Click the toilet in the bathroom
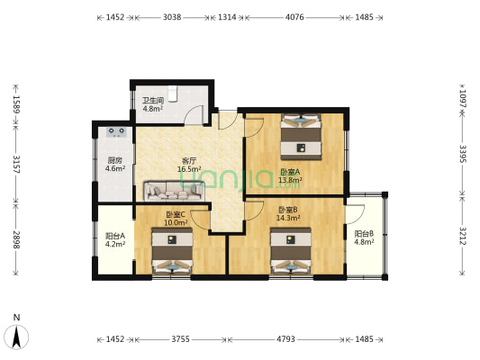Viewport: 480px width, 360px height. [x=173, y=94]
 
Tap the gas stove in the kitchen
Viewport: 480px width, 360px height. [x=117, y=131]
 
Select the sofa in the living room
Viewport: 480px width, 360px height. [x=175, y=192]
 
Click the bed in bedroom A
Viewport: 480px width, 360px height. [x=301, y=137]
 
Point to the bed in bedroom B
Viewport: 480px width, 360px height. [x=291, y=250]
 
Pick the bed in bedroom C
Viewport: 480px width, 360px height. [x=172, y=250]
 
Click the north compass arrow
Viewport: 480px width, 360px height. [x=17, y=336]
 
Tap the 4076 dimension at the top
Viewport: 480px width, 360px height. [x=294, y=17]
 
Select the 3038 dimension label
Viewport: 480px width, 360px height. [x=172, y=17]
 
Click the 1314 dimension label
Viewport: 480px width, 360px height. [x=227, y=17]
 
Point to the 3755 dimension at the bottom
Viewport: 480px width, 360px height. [x=180, y=339]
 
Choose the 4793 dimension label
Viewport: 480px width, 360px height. [x=285, y=339]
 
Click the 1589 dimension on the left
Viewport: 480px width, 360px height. [x=16, y=104]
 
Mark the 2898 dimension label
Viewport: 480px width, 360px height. [x=16, y=239]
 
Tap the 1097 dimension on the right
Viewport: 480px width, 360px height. [x=463, y=99]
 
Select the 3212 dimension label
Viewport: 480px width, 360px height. [x=463, y=236]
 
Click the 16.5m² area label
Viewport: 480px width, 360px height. [x=189, y=169]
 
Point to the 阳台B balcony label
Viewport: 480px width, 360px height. [x=364, y=234]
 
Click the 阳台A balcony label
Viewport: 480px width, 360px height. [x=115, y=236]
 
